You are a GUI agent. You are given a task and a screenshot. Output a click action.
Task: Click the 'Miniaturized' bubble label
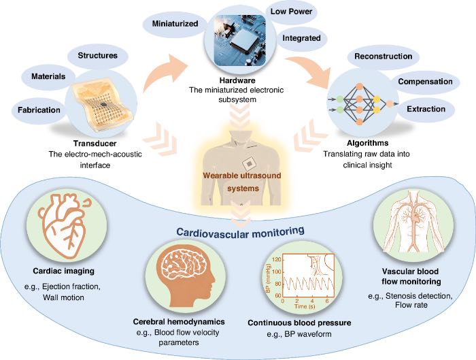coord(175,24)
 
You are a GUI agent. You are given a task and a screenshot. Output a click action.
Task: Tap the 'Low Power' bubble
coord(292,12)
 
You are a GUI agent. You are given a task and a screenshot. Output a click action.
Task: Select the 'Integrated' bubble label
coord(301,38)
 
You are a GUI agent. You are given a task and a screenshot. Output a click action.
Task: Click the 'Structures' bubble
coord(97,56)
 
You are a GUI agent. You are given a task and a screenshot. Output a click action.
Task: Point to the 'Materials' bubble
coord(48,76)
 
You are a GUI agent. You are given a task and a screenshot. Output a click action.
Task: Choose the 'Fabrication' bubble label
coord(39,110)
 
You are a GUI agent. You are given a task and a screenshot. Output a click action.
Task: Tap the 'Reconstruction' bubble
coord(383,56)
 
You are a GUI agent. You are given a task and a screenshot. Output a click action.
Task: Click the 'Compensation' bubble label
coord(425,82)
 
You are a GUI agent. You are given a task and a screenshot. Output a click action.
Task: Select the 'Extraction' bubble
coord(426,109)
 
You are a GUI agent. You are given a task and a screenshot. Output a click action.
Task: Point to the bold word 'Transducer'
coord(95,144)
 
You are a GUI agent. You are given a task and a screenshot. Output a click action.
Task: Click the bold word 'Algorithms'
coord(368,143)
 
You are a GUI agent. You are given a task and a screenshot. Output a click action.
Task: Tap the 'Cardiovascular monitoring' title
coord(240,232)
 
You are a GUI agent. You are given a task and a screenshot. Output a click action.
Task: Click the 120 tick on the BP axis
coord(277,260)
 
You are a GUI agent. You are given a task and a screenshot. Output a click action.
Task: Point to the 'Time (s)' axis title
coord(305,306)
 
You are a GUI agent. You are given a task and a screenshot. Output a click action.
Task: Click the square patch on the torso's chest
coord(249,164)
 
